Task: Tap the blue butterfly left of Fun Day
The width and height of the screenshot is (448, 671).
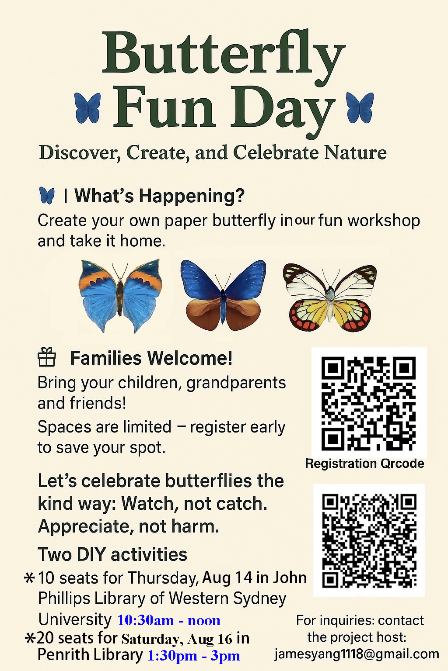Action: (x=87, y=108)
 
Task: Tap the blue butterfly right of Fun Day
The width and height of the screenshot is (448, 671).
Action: (x=360, y=107)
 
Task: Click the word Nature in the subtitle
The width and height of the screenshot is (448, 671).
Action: (x=355, y=153)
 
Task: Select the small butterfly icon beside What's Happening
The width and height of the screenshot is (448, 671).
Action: (x=47, y=196)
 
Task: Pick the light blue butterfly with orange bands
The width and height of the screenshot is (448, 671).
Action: (x=120, y=295)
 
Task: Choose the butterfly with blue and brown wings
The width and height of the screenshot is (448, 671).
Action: (x=223, y=295)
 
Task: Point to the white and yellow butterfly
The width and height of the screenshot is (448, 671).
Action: (x=330, y=297)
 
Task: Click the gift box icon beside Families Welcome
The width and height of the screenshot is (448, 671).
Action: (x=47, y=357)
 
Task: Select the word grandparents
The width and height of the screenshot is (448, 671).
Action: (x=236, y=384)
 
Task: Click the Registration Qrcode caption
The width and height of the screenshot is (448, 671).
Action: (x=364, y=463)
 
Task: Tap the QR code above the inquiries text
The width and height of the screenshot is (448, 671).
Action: (x=369, y=540)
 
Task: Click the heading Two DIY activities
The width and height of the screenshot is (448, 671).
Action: (x=112, y=554)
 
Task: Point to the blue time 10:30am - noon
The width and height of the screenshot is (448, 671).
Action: (x=169, y=620)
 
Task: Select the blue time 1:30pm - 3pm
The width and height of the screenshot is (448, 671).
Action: (x=194, y=656)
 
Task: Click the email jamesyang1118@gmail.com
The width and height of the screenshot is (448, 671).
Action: (x=357, y=654)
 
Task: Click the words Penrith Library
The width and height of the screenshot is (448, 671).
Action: (x=90, y=655)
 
